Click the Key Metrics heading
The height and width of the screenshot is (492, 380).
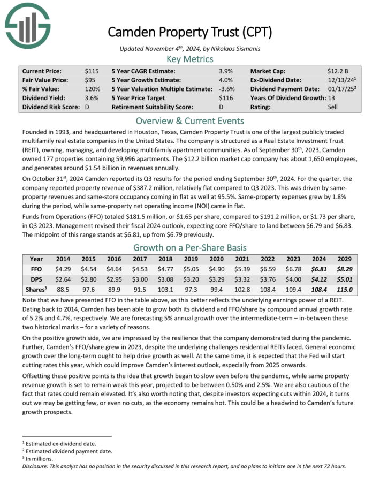pos(189,59)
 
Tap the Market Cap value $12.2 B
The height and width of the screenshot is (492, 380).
pos(338,71)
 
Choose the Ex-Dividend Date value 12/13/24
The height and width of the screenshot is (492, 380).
pos(340,80)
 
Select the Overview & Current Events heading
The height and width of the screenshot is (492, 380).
pos(189,120)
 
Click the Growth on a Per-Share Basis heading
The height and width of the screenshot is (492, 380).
pos(189,247)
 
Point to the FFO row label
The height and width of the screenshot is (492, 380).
pos(36,269)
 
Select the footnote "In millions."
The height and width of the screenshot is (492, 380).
pos(41,459)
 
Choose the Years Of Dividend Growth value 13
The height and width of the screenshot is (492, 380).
pos(331,98)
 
